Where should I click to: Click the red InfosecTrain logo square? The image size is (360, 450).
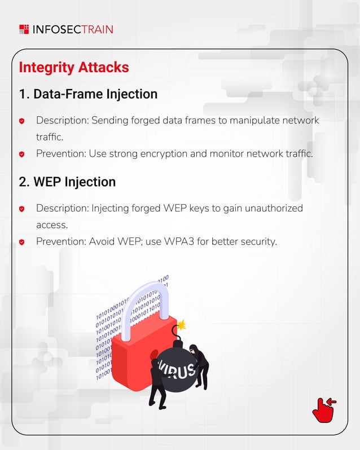(x=24, y=29)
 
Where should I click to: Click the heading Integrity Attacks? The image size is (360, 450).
(x=74, y=67)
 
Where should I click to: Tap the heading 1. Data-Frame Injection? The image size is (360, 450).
(x=88, y=94)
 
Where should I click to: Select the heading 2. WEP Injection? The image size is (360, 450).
(x=67, y=182)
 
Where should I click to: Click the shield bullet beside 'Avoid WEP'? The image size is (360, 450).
(x=22, y=242)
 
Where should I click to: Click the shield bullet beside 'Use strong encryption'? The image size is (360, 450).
(x=22, y=154)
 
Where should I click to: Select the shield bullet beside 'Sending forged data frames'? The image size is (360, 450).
(x=22, y=121)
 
